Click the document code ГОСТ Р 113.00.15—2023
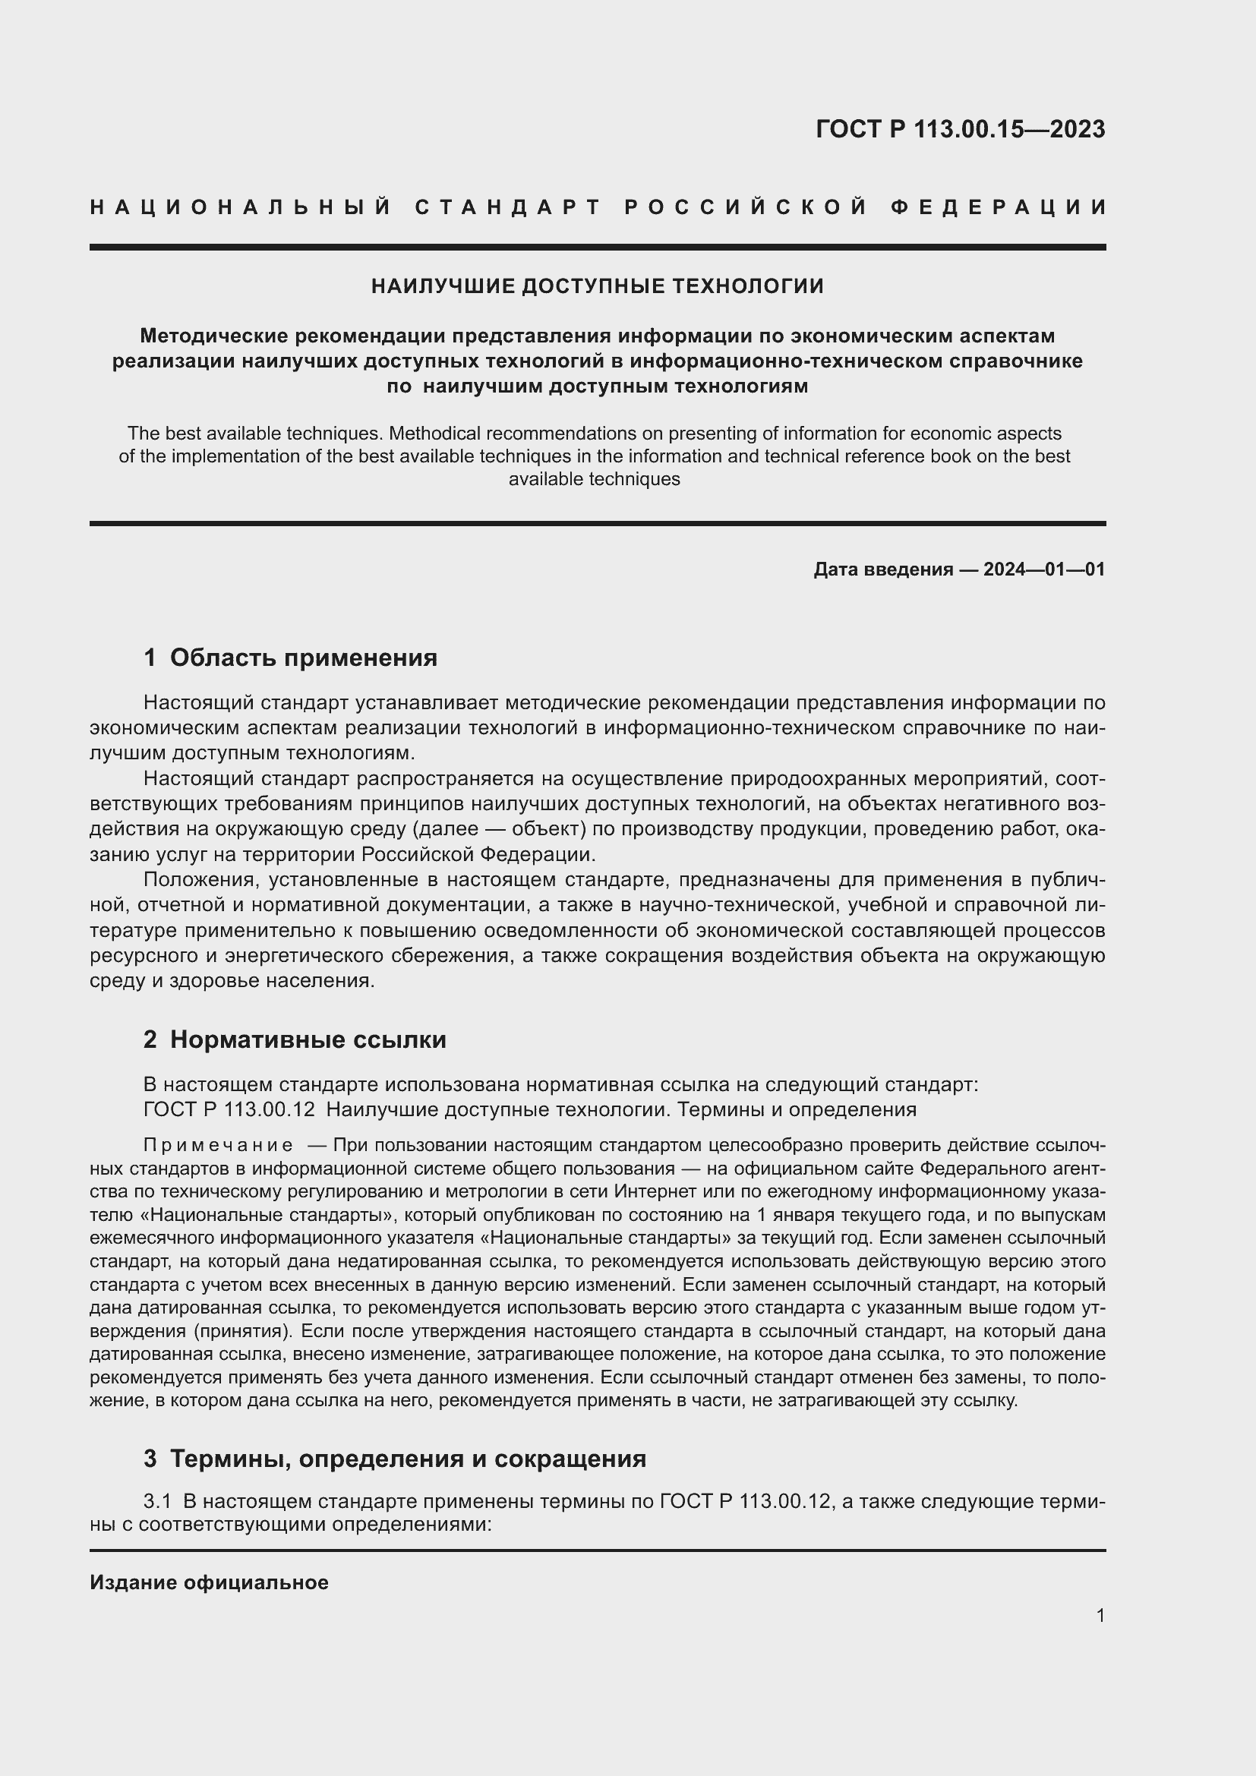click(960, 129)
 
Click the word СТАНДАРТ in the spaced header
click(508, 207)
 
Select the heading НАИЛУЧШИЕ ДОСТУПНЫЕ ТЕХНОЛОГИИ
click(597, 286)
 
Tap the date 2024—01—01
click(1044, 570)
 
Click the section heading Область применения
click(303, 658)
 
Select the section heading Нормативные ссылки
click(308, 1039)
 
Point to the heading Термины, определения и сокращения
click(408, 1459)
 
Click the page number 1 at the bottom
click(1100, 1615)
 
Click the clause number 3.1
click(157, 1501)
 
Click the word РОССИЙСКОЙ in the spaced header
click(746, 207)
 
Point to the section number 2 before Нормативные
click(150, 1039)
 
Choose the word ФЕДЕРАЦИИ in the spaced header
click(999, 207)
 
